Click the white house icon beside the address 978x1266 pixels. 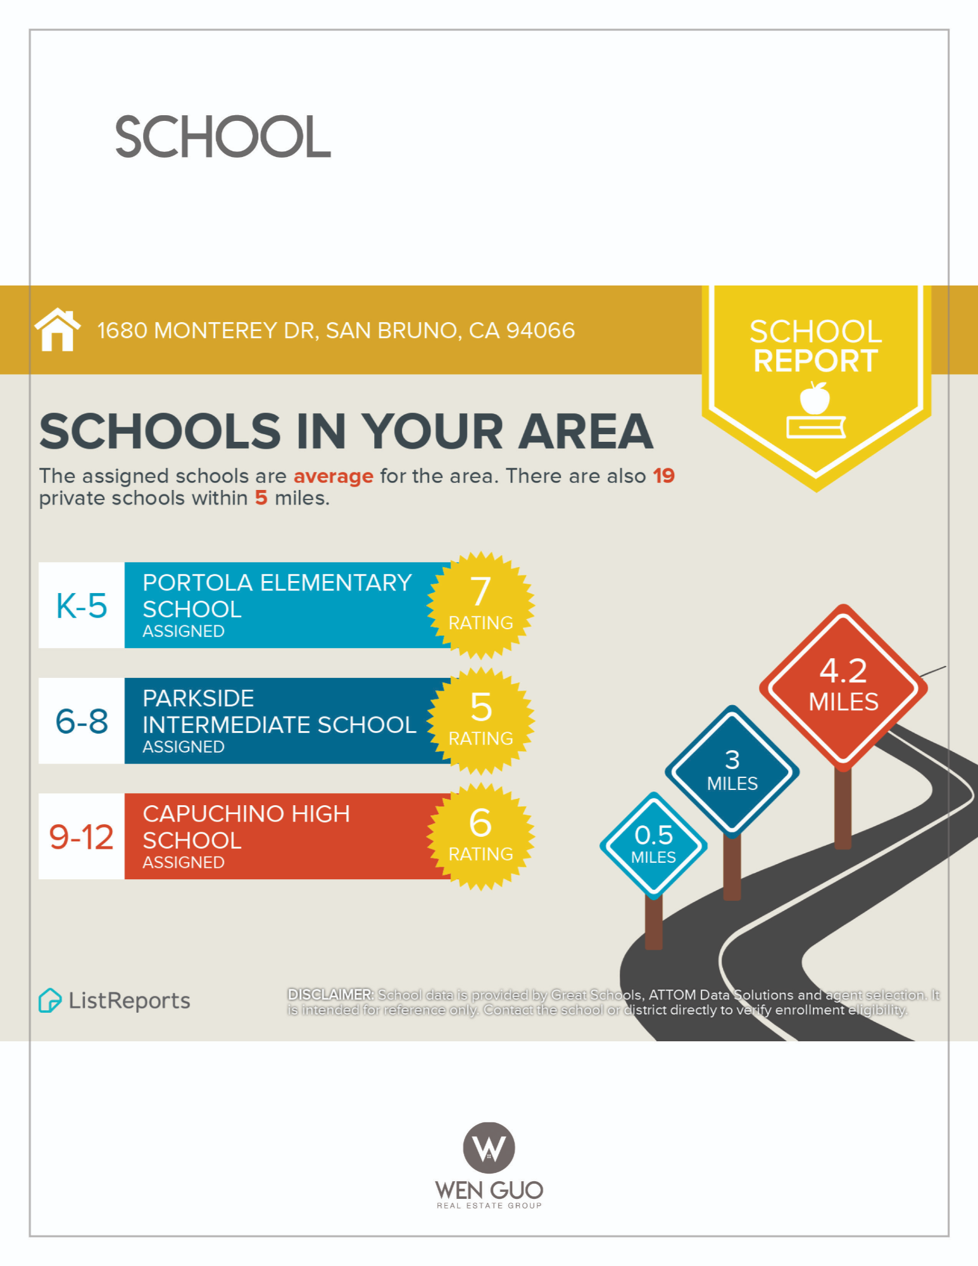(x=58, y=329)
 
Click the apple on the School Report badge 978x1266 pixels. (x=815, y=399)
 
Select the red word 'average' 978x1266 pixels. (x=333, y=476)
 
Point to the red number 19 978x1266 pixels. (x=663, y=476)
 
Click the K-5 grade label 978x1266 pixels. (x=82, y=606)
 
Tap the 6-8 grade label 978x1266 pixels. (x=82, y=721)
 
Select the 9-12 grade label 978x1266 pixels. (x=82, y=837)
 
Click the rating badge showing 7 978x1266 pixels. (x=480, y=605)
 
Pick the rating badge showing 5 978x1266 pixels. (x=480, y=721)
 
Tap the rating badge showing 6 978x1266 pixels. (x=480, y=836)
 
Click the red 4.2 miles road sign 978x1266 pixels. (x=843, y=686)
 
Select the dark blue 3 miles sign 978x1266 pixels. (x=732, y=770)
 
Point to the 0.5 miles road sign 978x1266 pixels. (x=653, y=845)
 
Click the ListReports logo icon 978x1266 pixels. (x=50, y=1000)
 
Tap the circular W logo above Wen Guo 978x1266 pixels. (x=489, y=1148)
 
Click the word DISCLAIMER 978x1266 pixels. (x=330, y=994)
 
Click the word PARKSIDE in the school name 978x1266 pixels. (x=198, y=698)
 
